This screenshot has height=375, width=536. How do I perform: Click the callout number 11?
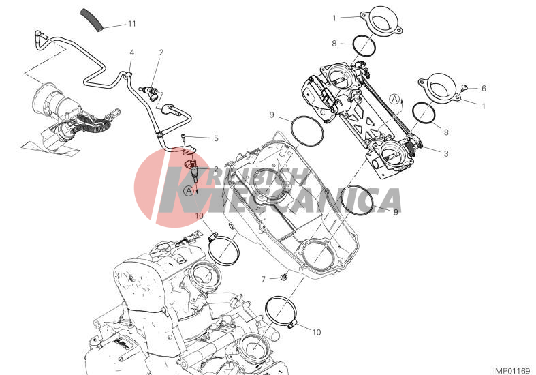(x=132, y=24)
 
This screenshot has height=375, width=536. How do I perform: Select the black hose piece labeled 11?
(x=92, y=20)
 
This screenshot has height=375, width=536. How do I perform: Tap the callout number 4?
(x=132, y=52)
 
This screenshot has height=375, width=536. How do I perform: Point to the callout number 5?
(x=216, y=138)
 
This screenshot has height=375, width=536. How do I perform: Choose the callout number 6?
(x=484, y=88)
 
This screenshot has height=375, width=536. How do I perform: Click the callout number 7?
(x=263, y=280)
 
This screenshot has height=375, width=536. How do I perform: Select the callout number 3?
(x=446, y=154)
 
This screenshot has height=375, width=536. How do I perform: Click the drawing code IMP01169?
(x=511, y=371)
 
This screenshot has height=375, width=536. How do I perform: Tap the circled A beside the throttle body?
(x=394, y=100)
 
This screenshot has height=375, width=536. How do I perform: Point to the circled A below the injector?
(x=189, y=192)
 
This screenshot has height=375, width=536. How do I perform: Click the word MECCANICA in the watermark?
(x=298, y=201)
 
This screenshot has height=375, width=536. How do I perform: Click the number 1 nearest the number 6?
(x=484, y=106)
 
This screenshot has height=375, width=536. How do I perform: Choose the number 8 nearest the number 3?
(x=446, y=132)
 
